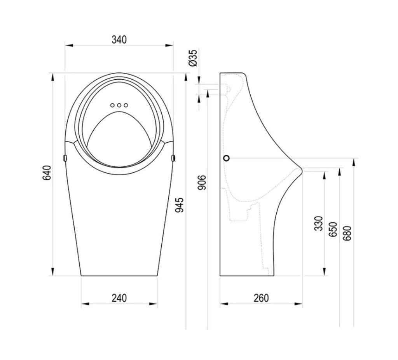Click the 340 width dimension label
pos(119,40)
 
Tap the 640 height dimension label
pos(47,173)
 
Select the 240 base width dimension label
pos(119,298)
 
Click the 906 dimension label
pos(202,182)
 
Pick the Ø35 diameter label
pos(193,58)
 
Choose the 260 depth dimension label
pos(261,298)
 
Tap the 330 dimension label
pos(319,224)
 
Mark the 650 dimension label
pos(333,229)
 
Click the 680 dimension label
pos(347,233)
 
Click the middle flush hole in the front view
pos(119,105)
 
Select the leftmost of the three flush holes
pos(112,105)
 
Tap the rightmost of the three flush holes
pos(126,105)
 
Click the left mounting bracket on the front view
pos(65,158)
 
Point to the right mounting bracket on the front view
pos(173,158)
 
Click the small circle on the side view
pos(227,158)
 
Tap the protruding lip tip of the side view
pos(302,170)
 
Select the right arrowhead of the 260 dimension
pos(298,304)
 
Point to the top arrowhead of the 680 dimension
pos(354,162)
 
